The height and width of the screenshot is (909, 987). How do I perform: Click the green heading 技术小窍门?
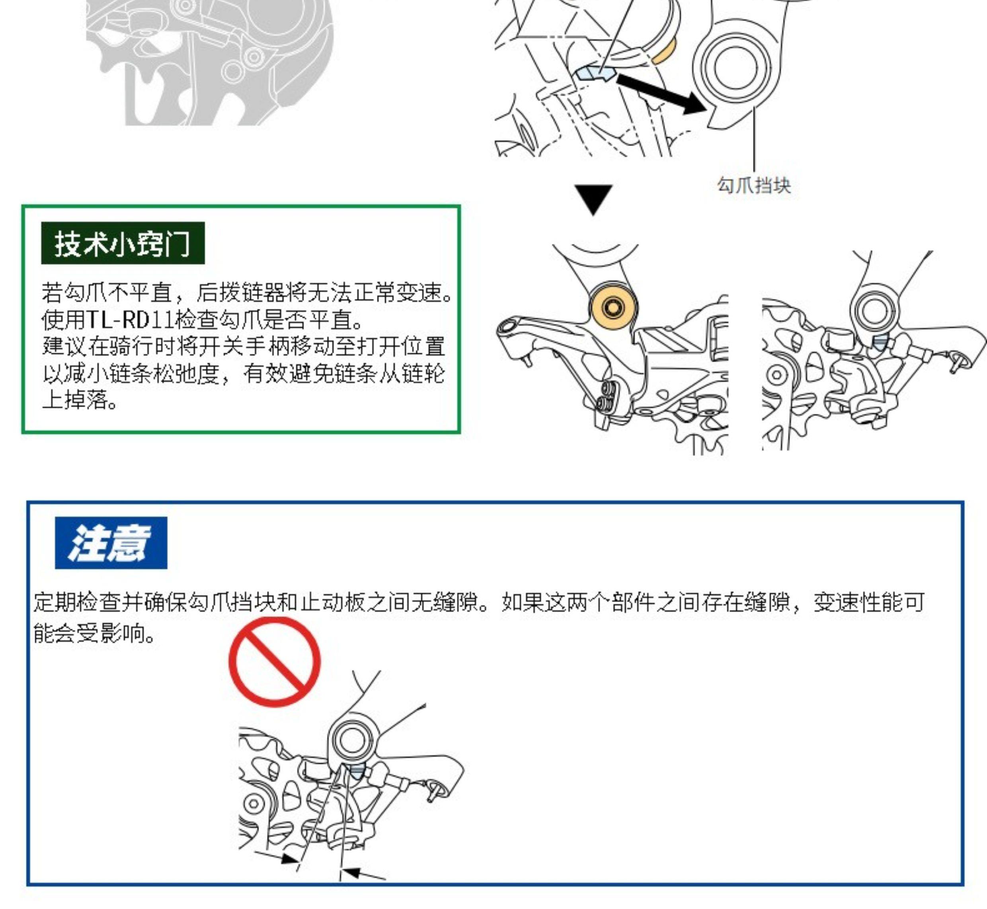pos(123,243)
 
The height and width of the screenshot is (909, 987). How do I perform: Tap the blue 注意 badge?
pos(111,542)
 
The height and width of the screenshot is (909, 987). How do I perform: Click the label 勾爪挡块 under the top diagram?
pos(754,185)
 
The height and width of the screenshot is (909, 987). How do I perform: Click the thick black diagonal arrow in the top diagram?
pos(662,94)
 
